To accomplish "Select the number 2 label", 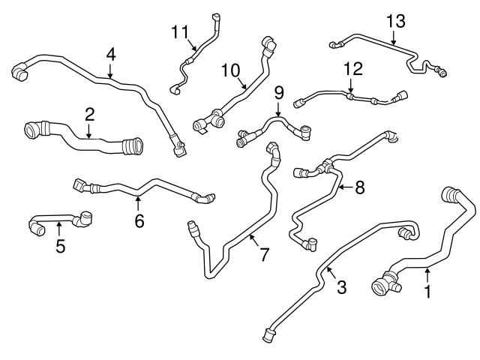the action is pyautogui.click(x=89, y=115).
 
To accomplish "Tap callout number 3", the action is pyautogui.click(x=341, y=287).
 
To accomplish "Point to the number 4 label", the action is pyautogui.click(x=110, y=54).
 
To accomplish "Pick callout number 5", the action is pyautogui.click(x=61, y=245).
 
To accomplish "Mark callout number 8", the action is pyautogui.click(x=359, y=187).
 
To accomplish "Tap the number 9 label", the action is pyautogui.click(x=278, y=93).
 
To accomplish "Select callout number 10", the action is pyautogui.click(x=229, y=70).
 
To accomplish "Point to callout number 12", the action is pyautogui.click(x=352, y=70).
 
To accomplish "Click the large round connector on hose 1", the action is pyautogui.click(x=380, y=286).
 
